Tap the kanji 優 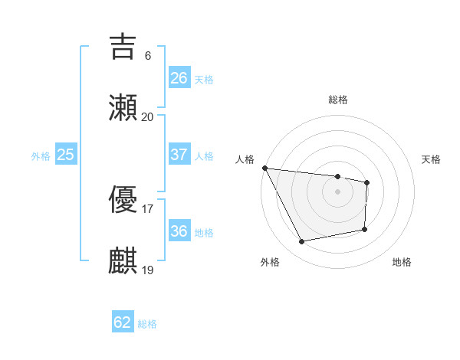(123, 201)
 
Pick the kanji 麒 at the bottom (123, 261)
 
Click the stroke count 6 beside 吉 (147, 55)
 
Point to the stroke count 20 (147, 116)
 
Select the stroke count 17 (147, 208)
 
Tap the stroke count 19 (147, 270)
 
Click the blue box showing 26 (179, 78)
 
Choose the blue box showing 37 (179, 155)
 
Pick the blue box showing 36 (179, 231)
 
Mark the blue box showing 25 (66, 155)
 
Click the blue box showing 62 (123, 322)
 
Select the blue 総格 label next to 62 (147, 324)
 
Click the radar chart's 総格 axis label (337, 100)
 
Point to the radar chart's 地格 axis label (402, 262)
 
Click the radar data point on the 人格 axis (264, 168)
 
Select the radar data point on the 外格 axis (302, 242)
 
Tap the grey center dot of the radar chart (337, 191)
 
